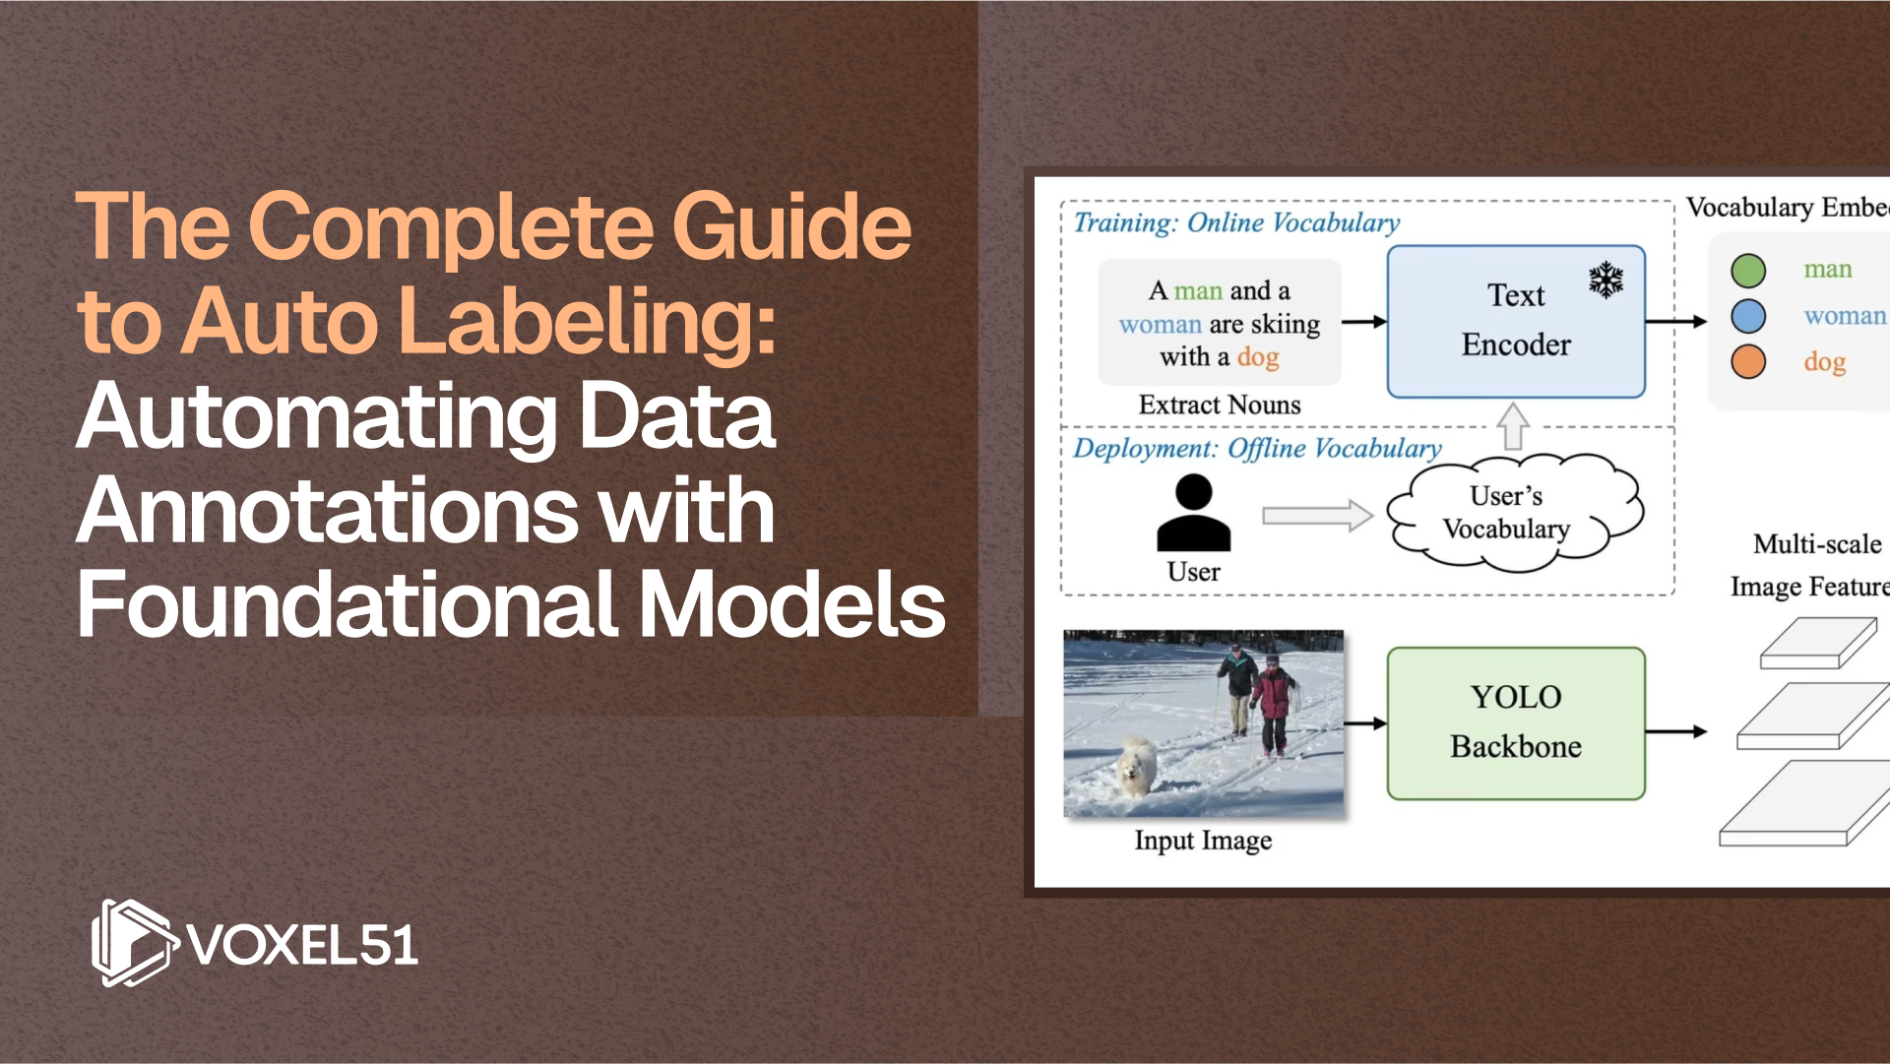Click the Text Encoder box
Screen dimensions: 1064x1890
(x=1515, y=322)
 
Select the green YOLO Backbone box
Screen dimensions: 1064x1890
(x=1515, y=723)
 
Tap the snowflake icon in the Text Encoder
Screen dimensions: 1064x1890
(x=1606, y=281)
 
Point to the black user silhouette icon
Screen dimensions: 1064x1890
(x=1193, y=513)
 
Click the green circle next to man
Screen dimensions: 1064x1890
(x=1748, y=270)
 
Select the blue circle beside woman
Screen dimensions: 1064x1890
(x=1748, y=316)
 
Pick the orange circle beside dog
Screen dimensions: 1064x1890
(x=1748, y=361)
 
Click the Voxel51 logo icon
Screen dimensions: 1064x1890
(x=133, y=943)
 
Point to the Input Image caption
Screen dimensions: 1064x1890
(x=1203, y=841)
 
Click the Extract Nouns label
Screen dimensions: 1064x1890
(x=1219, y=405)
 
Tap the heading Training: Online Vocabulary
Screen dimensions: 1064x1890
(x=1236, y=222)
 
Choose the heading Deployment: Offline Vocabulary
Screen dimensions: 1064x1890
(x=1257, y=449)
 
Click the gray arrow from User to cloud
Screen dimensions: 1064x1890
(x=1316, y=515)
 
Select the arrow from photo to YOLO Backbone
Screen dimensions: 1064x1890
(x=1364, y=723)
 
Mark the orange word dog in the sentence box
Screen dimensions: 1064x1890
(x=1258, y=357)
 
